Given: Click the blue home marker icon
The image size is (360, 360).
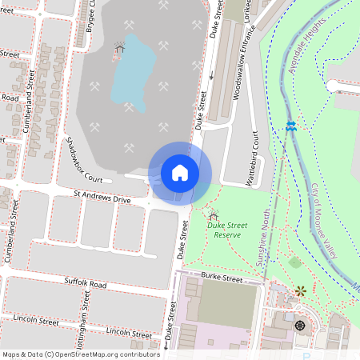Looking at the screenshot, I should (x=179, y=172).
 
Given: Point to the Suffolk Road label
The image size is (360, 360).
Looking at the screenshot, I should (x=86, y=284).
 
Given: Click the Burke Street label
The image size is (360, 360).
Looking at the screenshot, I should (x=222, y=277).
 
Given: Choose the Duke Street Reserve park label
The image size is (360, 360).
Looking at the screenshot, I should (x=238, y=230).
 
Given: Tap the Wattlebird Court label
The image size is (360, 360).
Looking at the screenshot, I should (x=252, y=159).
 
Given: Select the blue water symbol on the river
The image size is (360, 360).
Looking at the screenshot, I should (x=291, y=126).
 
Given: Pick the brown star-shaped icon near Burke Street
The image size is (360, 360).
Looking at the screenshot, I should (x=299, y=292).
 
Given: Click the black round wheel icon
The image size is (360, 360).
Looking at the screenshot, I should (x=299, y=325).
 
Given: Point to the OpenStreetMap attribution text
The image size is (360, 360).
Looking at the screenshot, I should (x=80, y=354).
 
